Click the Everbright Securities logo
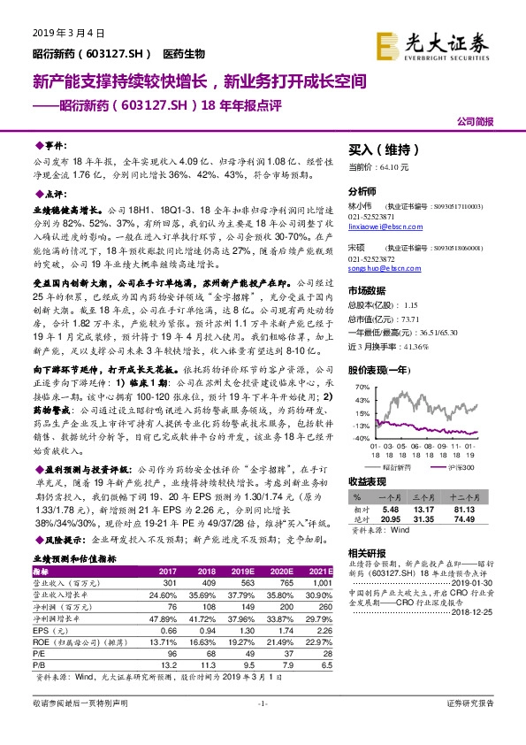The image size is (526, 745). tap(446, 44)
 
